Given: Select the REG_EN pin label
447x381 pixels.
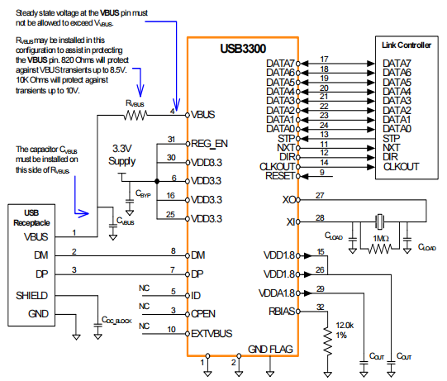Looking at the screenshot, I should coord(210,142).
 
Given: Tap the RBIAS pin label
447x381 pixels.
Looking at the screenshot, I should coord(285,312).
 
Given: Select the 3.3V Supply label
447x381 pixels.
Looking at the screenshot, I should coord(129,154).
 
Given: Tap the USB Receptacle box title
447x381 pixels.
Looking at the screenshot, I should coord(31,217).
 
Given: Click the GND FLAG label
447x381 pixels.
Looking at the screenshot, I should coord(270,348).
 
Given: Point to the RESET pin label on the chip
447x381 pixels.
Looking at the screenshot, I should coord(280,175).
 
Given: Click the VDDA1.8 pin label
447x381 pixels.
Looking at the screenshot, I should coord(278,293).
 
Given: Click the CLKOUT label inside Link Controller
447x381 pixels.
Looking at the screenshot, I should coord(402,166).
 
